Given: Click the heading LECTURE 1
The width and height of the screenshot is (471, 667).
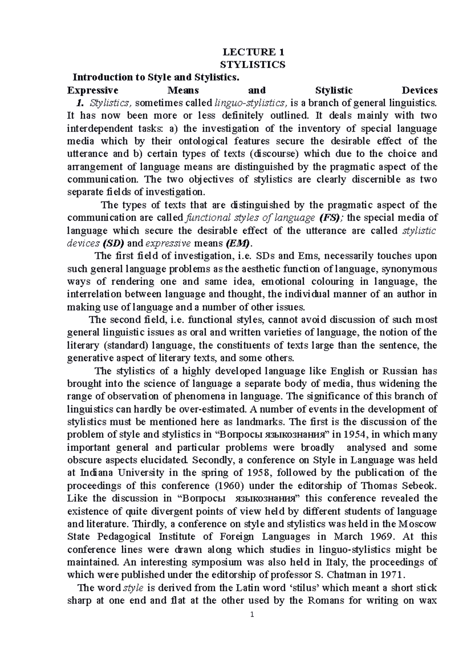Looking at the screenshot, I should point(253,52).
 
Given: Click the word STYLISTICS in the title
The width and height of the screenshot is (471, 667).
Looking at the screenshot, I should point(253,64).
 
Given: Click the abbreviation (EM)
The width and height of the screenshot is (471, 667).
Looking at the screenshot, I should point(238,243).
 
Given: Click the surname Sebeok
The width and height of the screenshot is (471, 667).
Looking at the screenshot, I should point(419,486).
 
